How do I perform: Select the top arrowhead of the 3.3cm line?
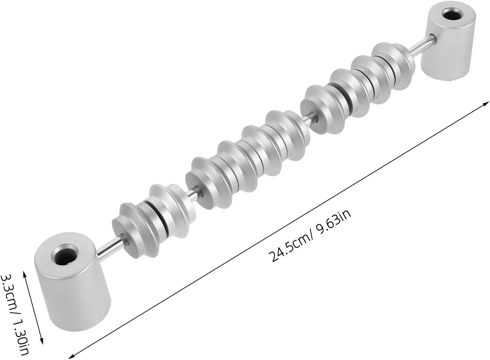(24, 273)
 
